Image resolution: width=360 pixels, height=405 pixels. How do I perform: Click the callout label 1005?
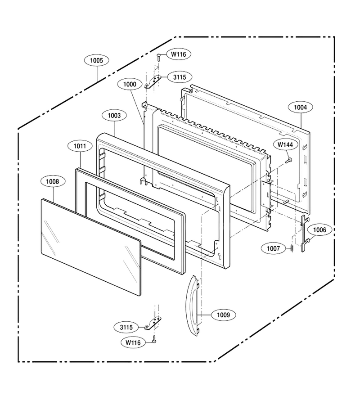(x=96, y=60)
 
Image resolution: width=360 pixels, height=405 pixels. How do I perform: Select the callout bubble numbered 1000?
(x=130, y=84)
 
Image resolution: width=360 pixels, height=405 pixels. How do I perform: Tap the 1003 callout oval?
(x=114, y=116)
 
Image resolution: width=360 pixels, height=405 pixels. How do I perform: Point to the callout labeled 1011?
(x=80, y=146)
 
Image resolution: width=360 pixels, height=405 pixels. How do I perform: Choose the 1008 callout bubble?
(x=52, y=182)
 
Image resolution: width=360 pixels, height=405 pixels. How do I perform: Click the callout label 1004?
(x=300, y=107)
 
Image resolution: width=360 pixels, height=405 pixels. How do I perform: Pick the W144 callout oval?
(x=285, y=144)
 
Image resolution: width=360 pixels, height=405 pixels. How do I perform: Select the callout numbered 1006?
(x=319, y=229)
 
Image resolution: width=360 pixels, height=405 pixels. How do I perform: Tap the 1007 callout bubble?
(x=273, y=248)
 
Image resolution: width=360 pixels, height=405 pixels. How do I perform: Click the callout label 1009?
(x=223, y=315)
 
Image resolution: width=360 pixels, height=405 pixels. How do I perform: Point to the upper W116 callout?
(x=179, y=54)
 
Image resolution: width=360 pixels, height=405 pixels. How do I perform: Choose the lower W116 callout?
(x=133, y=342)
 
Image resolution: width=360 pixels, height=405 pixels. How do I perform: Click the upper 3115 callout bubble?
(x=180, y=77)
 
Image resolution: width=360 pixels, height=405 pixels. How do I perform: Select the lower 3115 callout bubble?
(x=126, y=327)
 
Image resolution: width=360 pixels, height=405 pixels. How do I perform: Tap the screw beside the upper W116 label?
(x=159, y=57)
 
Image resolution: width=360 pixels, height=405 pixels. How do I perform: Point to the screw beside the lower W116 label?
(x=154, y=340)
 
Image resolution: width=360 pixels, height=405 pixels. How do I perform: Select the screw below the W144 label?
(x=289, y=160)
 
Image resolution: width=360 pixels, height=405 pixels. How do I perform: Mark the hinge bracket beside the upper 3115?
(x=153, y=81)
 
